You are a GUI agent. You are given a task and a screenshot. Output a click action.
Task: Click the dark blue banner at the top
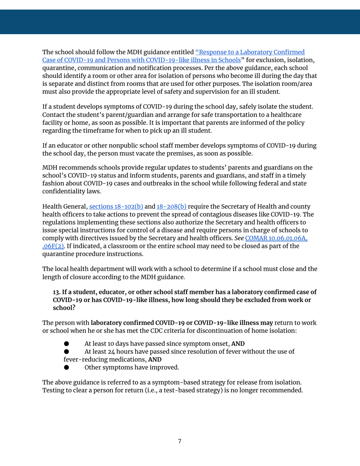180,22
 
